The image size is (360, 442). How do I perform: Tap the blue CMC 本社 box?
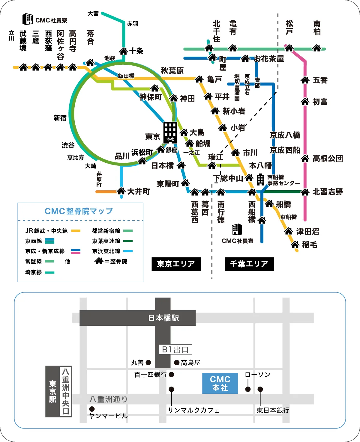click(220, 383)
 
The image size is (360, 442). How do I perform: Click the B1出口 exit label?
click(175, 349)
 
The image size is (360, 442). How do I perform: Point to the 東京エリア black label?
click(176, 264)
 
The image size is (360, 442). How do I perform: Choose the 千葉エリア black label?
click(249, 264)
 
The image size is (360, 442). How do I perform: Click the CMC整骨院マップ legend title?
click(79, 211)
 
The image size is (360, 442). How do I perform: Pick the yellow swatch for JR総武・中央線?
click(76, 231)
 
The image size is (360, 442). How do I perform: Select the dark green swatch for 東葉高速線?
click(128, 241)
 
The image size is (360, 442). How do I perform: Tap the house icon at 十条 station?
click(124, 51)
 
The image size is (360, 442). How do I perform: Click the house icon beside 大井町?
click(121, 191)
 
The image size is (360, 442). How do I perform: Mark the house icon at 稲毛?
click(295, 245)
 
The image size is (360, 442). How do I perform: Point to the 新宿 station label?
click(60, 118)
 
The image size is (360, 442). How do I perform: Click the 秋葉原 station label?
click(172, 71)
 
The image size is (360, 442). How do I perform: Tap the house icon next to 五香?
click(305, 80)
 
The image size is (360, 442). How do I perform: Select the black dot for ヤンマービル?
click(92, 409)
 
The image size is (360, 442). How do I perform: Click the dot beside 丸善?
click(148, 363)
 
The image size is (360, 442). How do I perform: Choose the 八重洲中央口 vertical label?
click(66, 391)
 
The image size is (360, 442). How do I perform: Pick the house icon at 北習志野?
click(305, 192)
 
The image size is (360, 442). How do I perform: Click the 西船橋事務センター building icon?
click(260, 179)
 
